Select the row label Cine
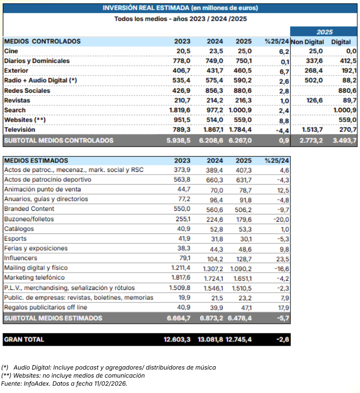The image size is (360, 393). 11,51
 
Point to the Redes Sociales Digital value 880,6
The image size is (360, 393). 347,90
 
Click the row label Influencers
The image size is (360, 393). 20,258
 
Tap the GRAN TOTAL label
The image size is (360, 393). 24,340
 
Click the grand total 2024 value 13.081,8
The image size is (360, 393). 210,340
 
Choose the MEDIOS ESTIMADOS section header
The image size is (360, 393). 36,161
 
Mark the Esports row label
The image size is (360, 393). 15,238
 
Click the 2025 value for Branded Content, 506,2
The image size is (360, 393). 243,209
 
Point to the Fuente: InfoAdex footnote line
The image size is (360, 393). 64,384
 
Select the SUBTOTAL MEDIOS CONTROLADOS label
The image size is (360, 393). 59,141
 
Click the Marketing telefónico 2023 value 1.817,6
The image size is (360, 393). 180,278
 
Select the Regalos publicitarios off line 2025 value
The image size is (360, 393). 246,308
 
